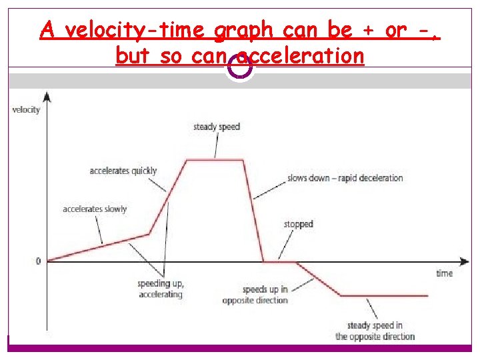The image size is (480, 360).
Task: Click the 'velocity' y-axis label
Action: [26, 110]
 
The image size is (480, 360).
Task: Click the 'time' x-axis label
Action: [444, 273]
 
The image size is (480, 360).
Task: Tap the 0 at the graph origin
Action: [38, 261]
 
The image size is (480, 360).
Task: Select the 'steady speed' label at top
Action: [216, 127]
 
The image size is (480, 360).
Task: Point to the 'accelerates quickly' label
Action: [123, 171]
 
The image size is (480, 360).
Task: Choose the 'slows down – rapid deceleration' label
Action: [345, 178]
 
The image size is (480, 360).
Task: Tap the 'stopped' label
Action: [298, 224]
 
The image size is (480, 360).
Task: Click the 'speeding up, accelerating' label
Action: [160, 289]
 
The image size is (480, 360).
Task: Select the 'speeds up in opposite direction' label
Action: [255, 295]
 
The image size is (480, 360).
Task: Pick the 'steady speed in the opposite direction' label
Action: [375, 331]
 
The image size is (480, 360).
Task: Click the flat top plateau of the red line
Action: [215, 160]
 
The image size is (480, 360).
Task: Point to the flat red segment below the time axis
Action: [383, 295]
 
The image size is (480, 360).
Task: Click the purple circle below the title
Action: [239, 67]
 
